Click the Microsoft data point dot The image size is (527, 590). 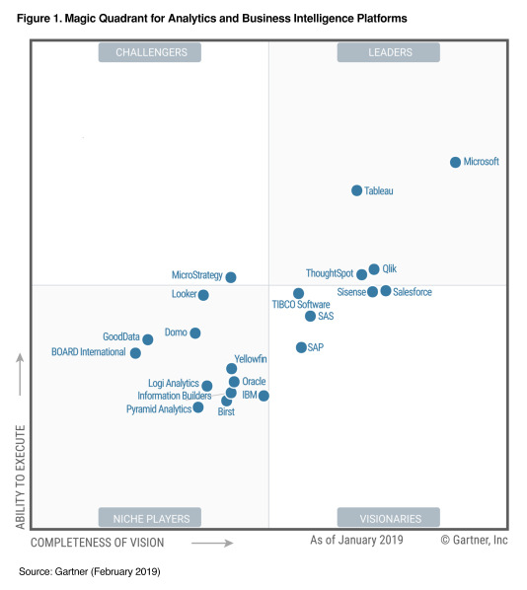(x=455, y=162)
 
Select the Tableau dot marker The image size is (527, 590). (x=357, y=190)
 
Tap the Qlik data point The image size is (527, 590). (x=374, y=269)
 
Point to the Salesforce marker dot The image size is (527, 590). (x=386, y=291)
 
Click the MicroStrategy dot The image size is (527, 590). (x=231, y=277)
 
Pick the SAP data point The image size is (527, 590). (x=301, y=347)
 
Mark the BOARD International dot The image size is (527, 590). (x=135, y=352)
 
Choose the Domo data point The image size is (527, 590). (x=195, y=333)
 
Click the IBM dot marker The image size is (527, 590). (x=263, y=396)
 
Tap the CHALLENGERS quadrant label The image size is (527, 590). (x=150, y=52)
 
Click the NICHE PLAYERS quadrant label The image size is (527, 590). (x=150, y=517)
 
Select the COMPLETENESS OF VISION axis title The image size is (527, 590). (x=98, y=543)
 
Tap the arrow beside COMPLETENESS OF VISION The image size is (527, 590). (x=212, y=543)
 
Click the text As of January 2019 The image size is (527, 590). (x=356, y=540)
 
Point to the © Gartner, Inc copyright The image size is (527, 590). (x=474, y=540)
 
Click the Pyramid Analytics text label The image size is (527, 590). (x=159, y=409)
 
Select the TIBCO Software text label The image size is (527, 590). (x=301, y=305)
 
